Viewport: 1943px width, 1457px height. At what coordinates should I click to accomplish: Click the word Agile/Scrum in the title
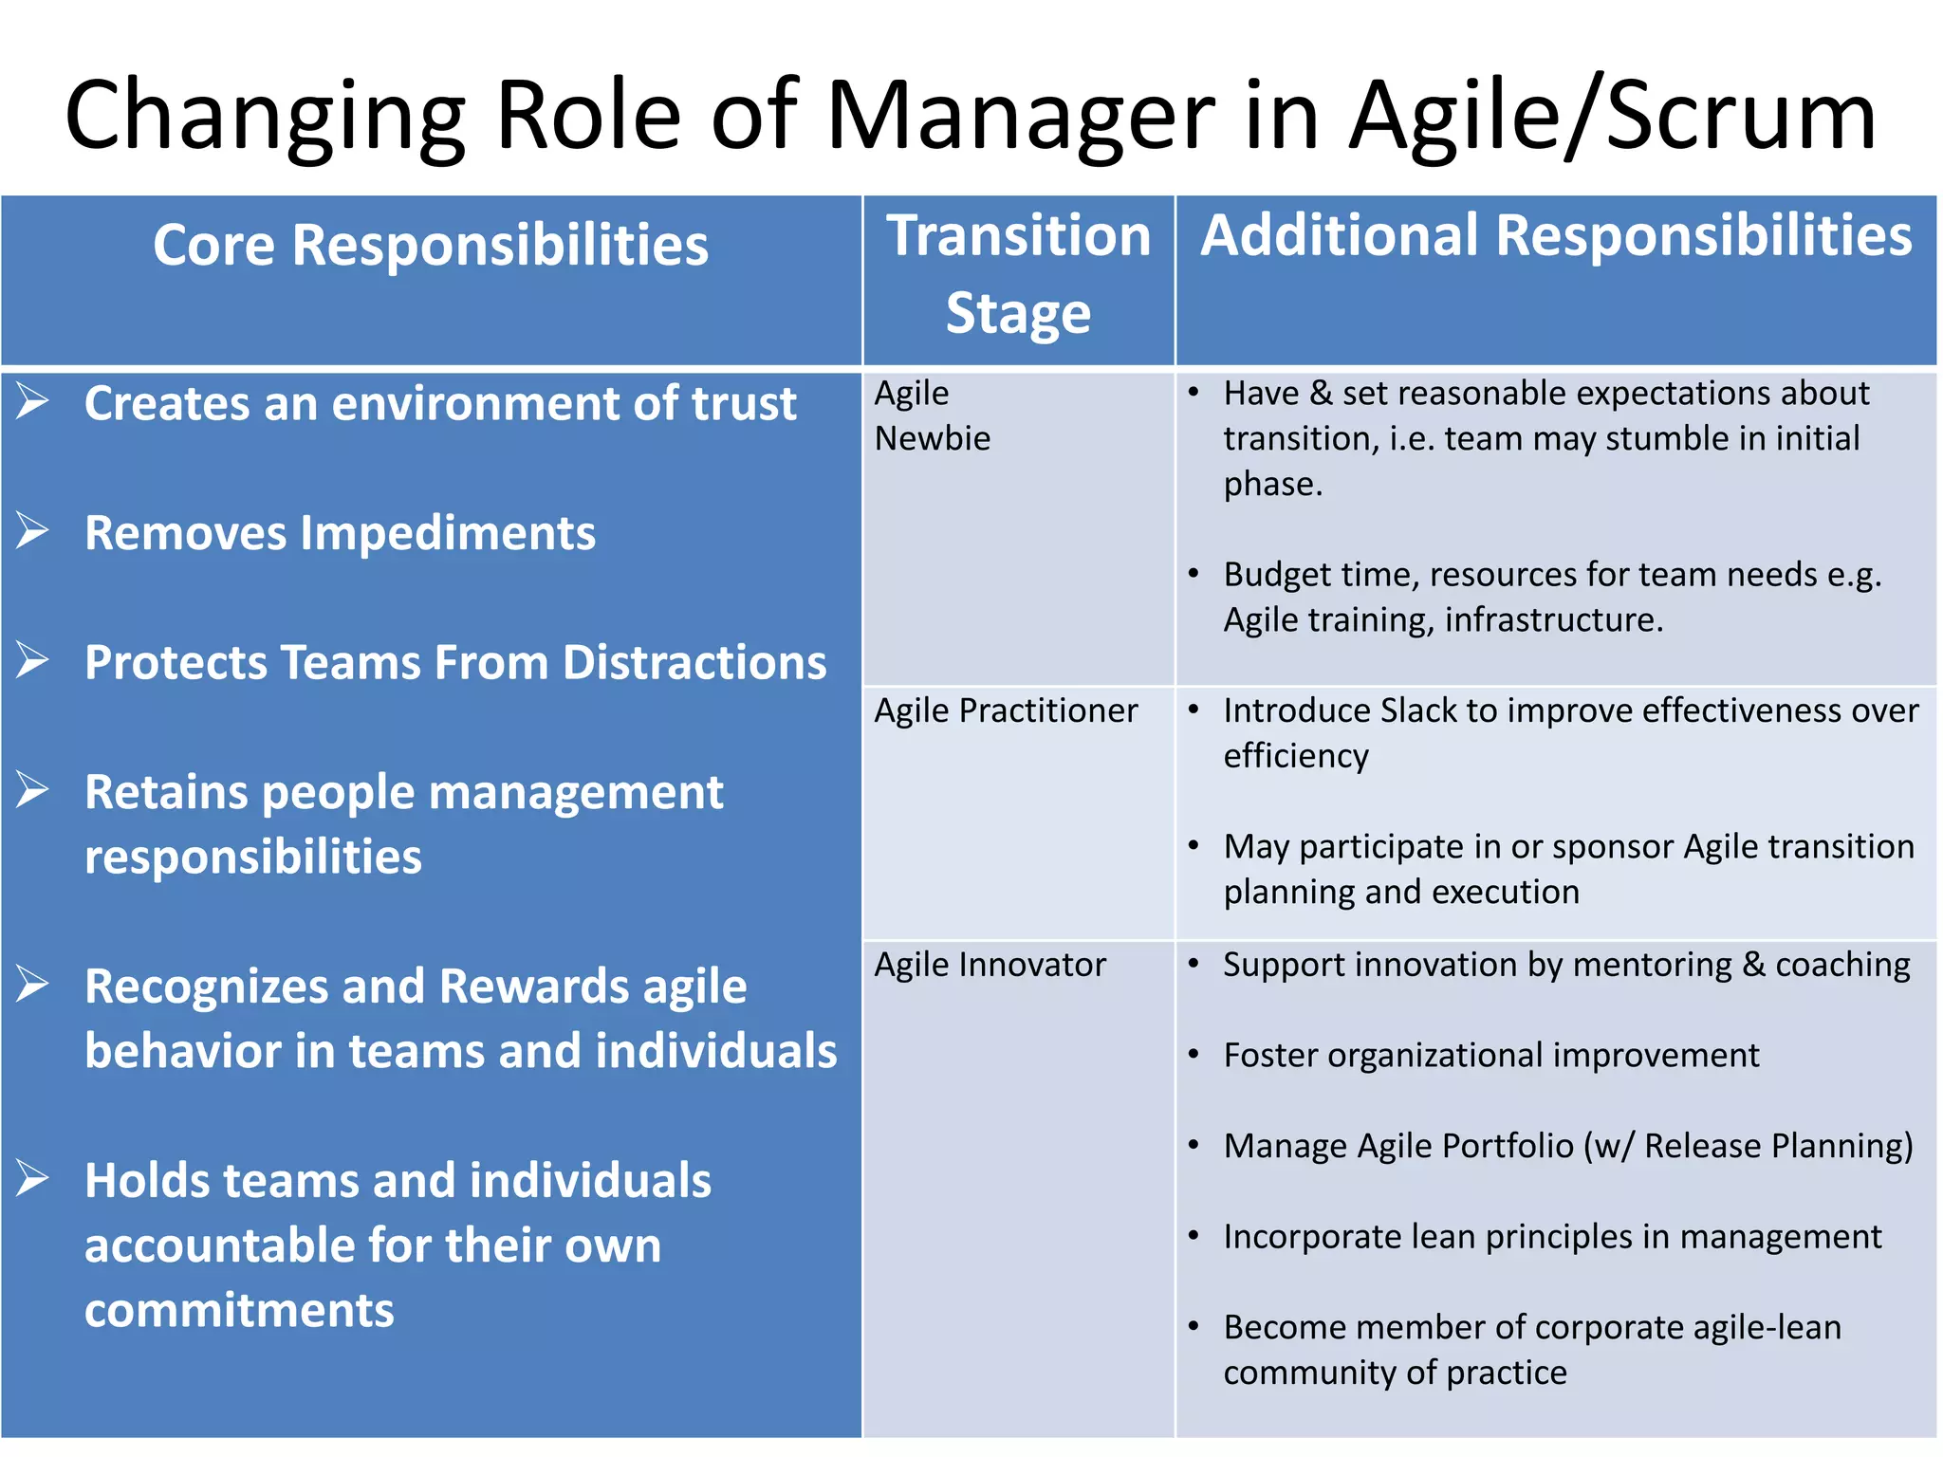coord(1612,116)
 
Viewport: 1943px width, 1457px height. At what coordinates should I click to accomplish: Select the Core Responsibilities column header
coord(430,245)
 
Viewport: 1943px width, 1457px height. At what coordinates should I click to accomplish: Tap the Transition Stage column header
coord(1018,274)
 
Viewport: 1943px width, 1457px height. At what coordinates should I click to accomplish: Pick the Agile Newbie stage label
coord(932,415)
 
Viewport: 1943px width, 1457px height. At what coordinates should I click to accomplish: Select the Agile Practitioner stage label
coord(1006,710)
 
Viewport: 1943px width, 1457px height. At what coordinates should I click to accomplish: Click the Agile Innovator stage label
coord(990,965)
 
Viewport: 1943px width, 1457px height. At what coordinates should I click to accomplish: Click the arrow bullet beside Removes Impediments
coord(32,531)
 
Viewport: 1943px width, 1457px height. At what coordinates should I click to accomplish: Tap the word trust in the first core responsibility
coord(743,403)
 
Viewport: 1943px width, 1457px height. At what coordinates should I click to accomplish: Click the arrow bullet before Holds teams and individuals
coord(32,1179)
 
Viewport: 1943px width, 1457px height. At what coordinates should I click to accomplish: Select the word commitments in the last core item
coord(239,1310)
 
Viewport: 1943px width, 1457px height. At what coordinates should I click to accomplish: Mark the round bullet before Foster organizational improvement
coord(1194,1054)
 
